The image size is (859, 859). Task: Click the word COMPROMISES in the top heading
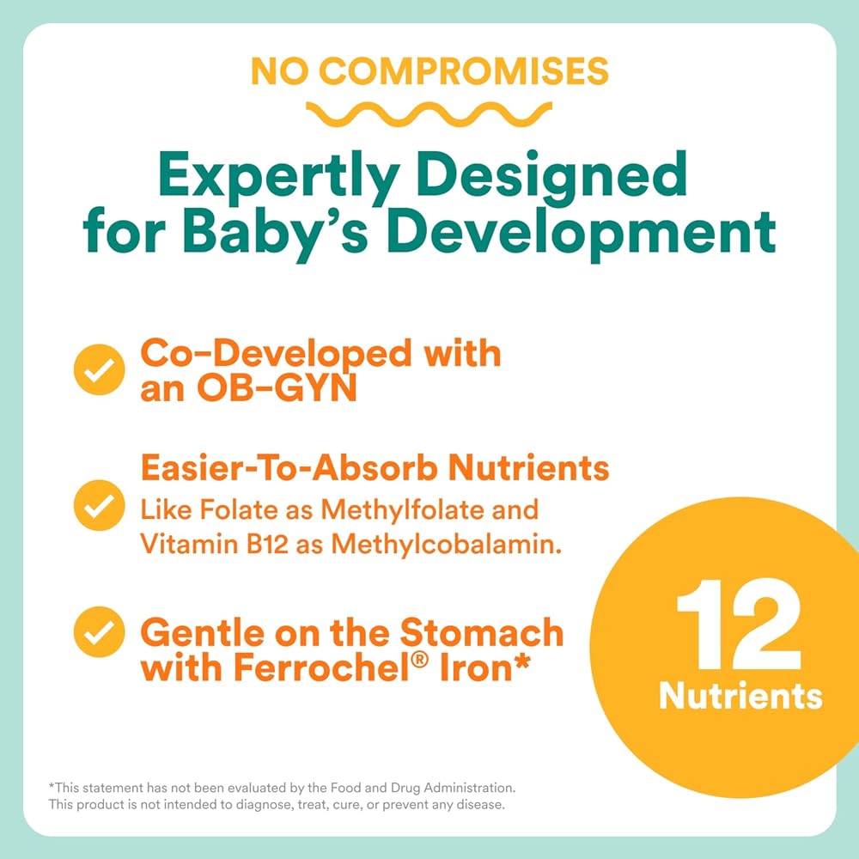click(464, 71)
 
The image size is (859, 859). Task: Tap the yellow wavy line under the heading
click(429, 113)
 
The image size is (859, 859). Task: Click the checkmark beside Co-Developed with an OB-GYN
click(99, 369)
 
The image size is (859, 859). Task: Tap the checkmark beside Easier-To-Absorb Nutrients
click(99, 505)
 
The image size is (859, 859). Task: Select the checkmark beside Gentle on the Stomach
click(99, 631)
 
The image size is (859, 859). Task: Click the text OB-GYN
click(277, 388)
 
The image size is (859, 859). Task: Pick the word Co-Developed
click(276, 353)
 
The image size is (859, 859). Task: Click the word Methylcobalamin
click(447, 545)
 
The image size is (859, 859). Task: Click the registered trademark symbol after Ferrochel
click(419, 659)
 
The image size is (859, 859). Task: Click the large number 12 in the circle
click(739, 624)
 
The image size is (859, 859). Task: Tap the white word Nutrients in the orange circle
click(740, 697)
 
